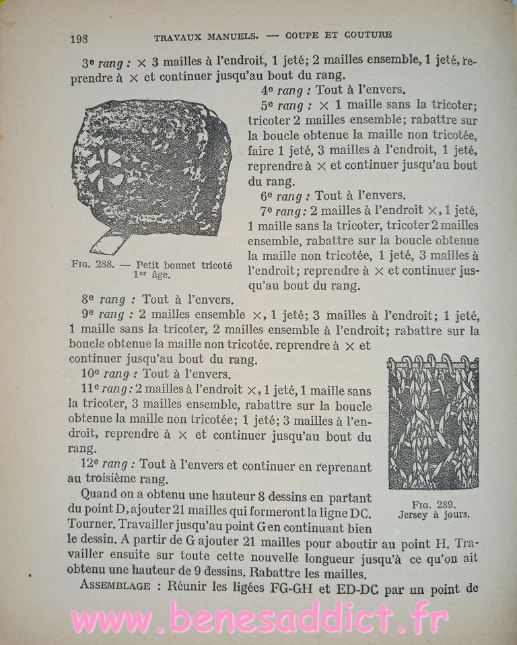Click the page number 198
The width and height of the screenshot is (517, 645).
point(79,38)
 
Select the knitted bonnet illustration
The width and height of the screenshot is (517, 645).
point(151,168)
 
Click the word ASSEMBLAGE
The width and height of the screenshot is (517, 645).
point(115,586)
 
